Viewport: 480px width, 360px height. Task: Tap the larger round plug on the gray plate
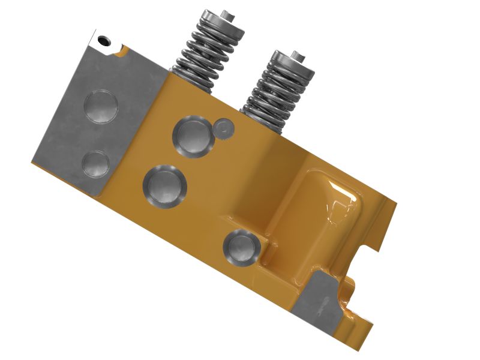[x=101, y=107]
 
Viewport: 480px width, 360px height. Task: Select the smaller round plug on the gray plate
[x=95, y=163]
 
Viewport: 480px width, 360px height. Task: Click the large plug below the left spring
[x=193, y=136]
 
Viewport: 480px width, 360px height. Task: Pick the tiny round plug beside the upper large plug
[x=224, y=127]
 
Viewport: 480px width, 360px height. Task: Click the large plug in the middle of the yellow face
[x=164, y=186]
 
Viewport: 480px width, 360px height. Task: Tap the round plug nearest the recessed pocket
[x=242, y=247]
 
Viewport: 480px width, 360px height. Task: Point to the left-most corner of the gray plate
[x=32, y=161]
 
